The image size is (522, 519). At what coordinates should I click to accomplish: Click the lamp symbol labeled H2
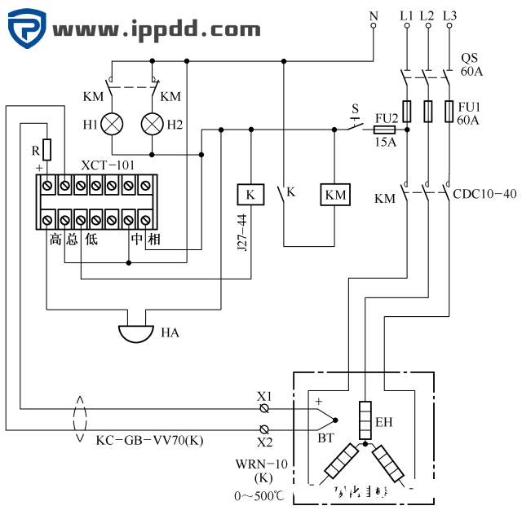(x=153, y=124)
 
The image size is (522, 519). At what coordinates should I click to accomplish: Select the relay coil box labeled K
(x=250, y=195)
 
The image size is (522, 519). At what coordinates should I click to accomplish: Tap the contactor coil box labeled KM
(x=335, y=195)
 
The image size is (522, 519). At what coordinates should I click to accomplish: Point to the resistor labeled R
(x=46, y=149)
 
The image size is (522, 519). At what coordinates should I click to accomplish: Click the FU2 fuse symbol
(x=384, y=129)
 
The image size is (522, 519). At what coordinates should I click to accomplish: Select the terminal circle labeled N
(x=374, y=26)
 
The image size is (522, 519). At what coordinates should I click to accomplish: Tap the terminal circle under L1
(x=407, y=26)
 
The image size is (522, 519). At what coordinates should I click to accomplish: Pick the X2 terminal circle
(x=264, y=429)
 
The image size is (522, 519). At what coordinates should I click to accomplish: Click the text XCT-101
(x=108, y=165)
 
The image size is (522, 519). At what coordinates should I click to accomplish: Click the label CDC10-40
(x=484, y=195)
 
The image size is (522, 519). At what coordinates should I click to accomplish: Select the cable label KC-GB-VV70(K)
(x=149, y=441)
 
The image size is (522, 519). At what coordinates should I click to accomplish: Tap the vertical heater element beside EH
(x=365, y=420)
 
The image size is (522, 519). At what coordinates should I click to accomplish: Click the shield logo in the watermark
(x=28, y=29)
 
